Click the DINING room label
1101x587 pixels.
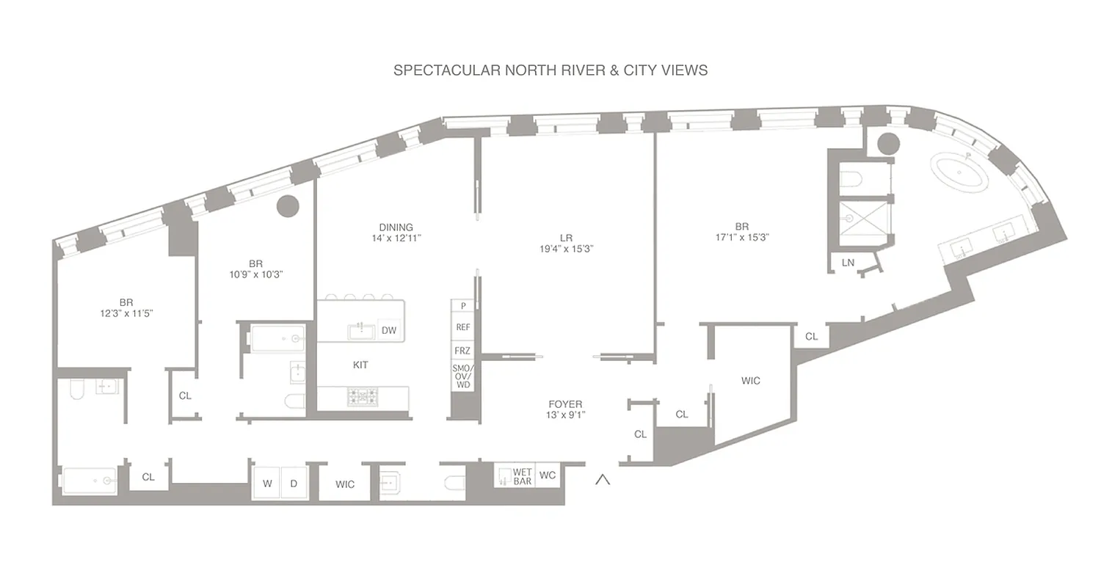[x=396, y=227]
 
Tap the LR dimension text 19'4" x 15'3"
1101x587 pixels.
[x=566, y=249]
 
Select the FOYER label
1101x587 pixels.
[x=565, y=404]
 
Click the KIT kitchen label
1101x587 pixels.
[x=360, y=365]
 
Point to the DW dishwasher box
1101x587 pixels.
[x=389, y=330]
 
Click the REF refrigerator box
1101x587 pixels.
[x=462, y=327]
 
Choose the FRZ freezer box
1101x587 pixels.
[x=462, y=351]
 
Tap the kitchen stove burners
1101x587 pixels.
[x=362, y=396]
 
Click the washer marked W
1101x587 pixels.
[x=267, y=484]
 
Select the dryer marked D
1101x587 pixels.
[x=294, y=484]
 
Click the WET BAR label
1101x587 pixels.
[x=522, y=476]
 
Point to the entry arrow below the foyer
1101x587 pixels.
[x=603, y=480]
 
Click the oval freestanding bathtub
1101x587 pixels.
[x=960, y=172]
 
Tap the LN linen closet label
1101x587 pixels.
[x=848, y=262]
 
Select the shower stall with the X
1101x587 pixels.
[x=864, y=218]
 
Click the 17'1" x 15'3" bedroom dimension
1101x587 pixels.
[x=742, y=238]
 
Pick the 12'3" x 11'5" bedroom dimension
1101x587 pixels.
[x=126, y=313]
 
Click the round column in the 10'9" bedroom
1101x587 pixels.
[x=288, y=206]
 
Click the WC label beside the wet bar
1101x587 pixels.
[x=548, y=475]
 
